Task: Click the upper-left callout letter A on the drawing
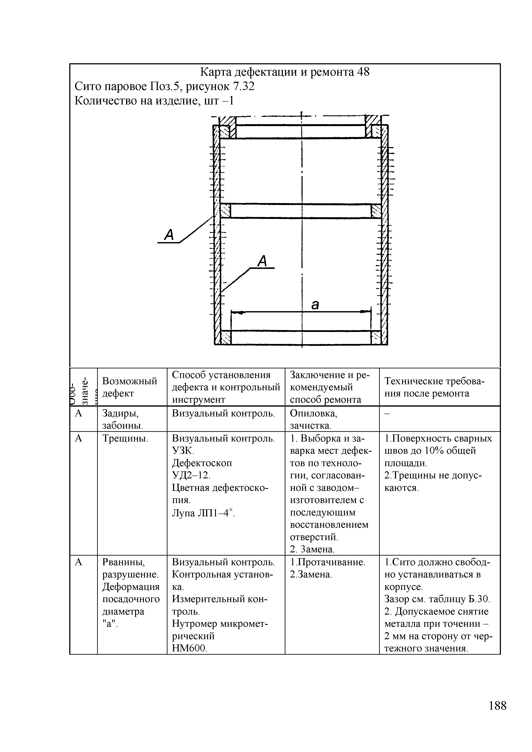pyautogui.click(x=169, y=235)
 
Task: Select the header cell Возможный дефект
pyautogui.click(x=130, y=387)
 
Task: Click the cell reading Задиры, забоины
pyautogui.click(x=122, y=419)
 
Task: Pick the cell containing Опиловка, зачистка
pyautogui.click(x=313, y=419)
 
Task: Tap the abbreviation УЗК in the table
pyautogui.click(x=183, y=451)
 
